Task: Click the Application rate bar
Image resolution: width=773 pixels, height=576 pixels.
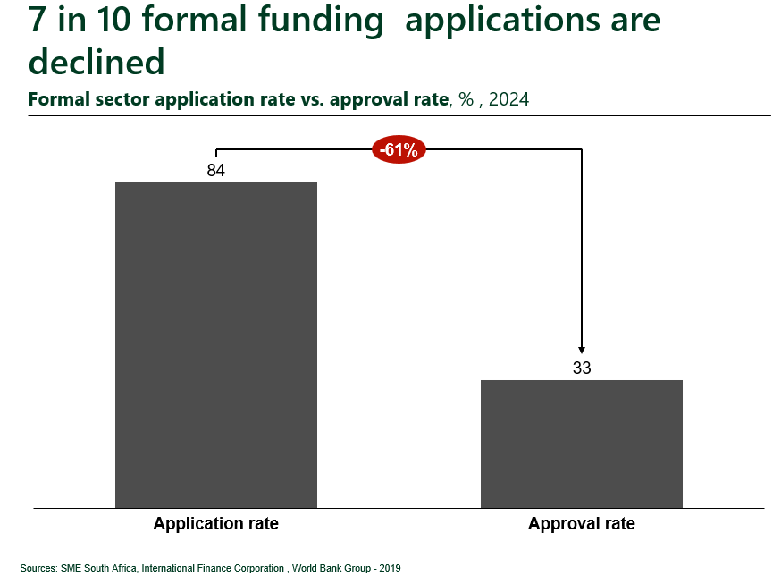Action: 216,345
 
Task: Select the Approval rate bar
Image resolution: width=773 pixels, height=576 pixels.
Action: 582,444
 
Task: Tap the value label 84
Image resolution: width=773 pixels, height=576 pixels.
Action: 216,170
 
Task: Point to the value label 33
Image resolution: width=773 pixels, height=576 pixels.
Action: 582,368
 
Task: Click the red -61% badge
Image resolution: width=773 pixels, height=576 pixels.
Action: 399,149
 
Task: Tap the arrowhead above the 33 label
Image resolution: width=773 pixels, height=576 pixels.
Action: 582,350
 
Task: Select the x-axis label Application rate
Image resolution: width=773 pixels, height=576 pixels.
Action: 216,523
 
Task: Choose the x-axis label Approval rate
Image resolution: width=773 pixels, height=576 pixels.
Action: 582,523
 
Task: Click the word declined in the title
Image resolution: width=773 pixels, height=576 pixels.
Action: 97,62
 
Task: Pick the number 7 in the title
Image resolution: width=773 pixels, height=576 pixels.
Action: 38,20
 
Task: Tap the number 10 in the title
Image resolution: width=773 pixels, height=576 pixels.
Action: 113,20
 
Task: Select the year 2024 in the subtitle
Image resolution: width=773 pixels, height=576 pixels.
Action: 508,99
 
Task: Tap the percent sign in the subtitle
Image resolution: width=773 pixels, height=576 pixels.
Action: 466,99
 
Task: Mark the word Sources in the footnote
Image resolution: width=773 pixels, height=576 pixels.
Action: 38,568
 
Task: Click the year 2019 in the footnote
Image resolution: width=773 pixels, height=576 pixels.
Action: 390,568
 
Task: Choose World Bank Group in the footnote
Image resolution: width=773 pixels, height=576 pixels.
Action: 332,568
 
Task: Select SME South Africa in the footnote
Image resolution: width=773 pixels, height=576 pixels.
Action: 98,568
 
